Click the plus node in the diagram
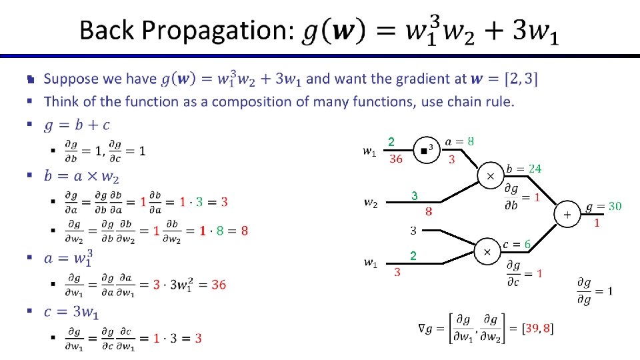[567, 215]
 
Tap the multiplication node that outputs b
[491, 176]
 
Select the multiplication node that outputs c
[487, 252]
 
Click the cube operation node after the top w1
[425, 149]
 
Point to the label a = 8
[459, 141]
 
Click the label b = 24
[523, 169]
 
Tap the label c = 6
[517, 245]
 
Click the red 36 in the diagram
[396, 159]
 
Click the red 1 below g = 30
[597, 223]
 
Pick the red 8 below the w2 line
[429, 211]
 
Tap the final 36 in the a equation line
[219, 285]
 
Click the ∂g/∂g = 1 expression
[595, 290]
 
